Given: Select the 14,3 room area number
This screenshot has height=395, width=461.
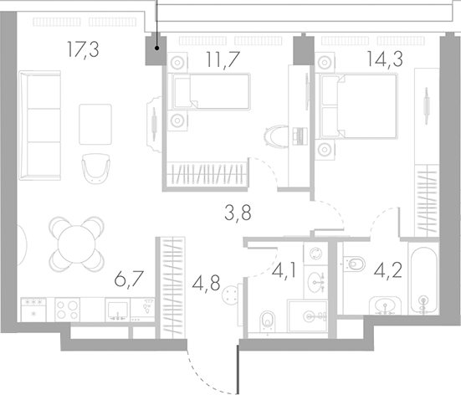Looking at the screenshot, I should coord(382,59).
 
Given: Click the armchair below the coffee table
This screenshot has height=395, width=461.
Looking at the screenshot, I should coord(95,167).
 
